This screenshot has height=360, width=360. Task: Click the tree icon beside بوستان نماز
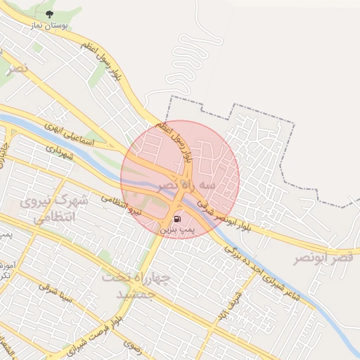(49, 14)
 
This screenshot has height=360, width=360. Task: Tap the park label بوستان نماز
(49, 25)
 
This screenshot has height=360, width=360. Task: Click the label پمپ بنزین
(174, 230)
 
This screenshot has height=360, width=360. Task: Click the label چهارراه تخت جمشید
(138, 285)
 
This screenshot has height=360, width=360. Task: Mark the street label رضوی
(131, 345)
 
